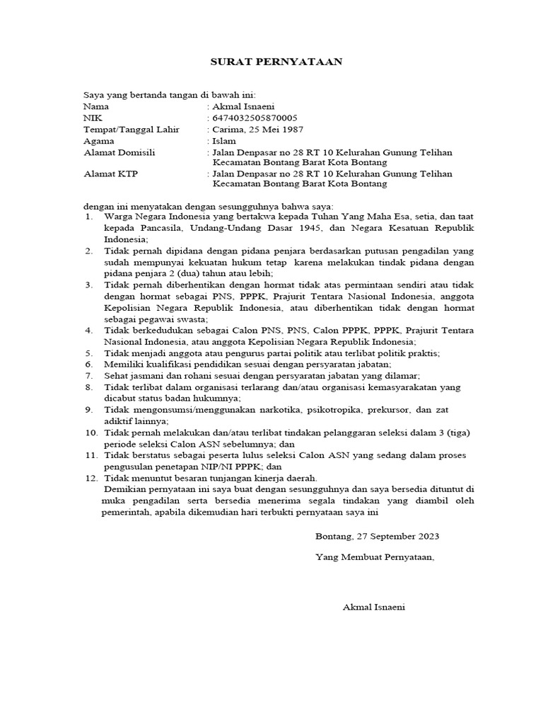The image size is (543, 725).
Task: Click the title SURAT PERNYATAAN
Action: click(276, 62)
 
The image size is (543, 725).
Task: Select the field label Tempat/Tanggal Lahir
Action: click(132, 130)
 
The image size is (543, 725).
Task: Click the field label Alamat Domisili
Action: click(119, 152)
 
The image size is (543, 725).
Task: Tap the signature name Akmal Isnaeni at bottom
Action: click(374, 607)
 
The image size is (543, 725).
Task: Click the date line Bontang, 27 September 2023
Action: click(377, 537)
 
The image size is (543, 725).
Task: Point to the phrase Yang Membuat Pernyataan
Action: click(375, 557)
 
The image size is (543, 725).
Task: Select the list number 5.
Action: click(89, 353)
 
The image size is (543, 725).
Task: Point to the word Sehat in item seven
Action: click(115, 375)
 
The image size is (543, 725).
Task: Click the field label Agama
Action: click(99, 141)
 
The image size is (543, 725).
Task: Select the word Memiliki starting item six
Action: click(123, 364)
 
